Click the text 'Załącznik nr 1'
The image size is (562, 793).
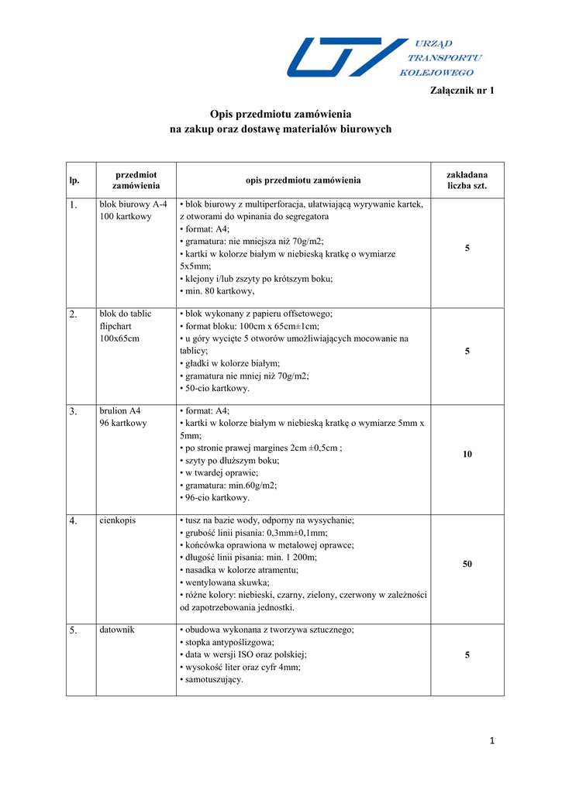(x=461, y=91)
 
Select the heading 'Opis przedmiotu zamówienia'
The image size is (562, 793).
(x=281, y=114)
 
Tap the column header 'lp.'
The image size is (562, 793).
(x=74, y=180)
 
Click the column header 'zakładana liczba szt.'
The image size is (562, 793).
(x=467, y=180)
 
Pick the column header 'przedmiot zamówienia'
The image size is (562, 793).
(x=136, y=180)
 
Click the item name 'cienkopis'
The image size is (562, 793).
(x=117, y=520)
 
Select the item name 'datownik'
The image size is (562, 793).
(x=117, y=630)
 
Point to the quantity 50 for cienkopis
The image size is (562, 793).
(x=467, y=565)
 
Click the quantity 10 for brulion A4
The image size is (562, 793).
(x=467, y=455)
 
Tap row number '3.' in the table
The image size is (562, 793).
(x=74, y=412)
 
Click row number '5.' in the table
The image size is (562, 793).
(x=74, y=631)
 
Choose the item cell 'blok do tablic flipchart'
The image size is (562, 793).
(x=126, y=326)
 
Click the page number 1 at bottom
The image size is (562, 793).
(x=491, y=741)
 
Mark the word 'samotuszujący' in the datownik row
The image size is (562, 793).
(x=214, y=680)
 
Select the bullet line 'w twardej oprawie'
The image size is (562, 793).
(x=221, y=472)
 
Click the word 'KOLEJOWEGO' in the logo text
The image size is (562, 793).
(x=436, y=73)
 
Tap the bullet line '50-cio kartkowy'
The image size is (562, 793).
(x=217, y=388)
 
